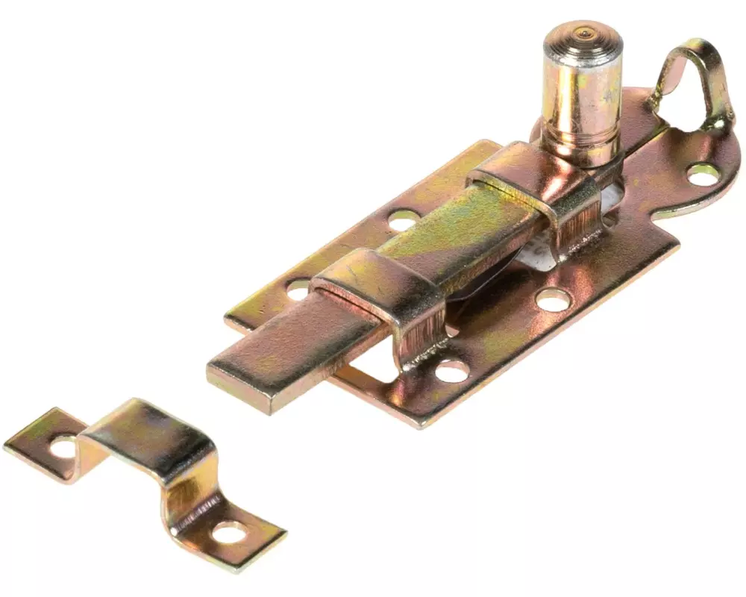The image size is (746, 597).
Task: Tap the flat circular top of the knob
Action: [583, 35]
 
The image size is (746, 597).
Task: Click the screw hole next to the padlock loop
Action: [702, 174]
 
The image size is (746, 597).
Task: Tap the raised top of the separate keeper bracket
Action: [149, 433]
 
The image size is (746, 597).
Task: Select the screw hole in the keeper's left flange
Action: [63, 447]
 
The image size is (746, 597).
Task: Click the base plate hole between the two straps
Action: [404, 219]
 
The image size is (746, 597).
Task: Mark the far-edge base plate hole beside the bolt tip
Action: [298, 288]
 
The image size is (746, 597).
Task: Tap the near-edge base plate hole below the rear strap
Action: [553, 299]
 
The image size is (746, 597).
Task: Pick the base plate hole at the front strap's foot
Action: [451, 370]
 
